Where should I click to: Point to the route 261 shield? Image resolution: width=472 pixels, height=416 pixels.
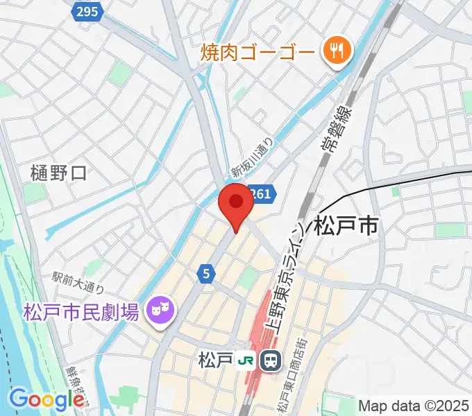pos(263,195)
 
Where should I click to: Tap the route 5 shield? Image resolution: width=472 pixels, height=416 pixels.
pos(206,274)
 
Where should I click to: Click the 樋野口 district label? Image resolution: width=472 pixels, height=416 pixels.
pos(59,173)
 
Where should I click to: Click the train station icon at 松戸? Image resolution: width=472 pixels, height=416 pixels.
pos(270,360)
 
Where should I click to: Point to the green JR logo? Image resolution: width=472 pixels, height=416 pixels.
pos(245,361)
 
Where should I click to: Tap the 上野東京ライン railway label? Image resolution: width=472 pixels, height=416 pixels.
pos(288,277)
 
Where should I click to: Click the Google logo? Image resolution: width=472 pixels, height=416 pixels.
pos(47,399)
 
